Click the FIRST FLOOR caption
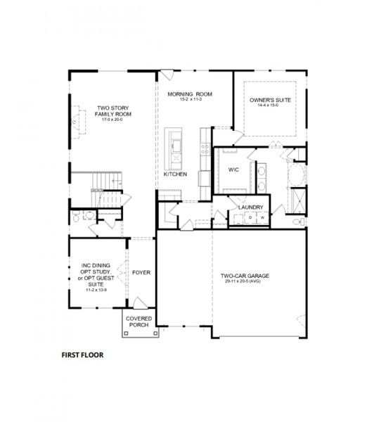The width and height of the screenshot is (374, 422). coord(82,355)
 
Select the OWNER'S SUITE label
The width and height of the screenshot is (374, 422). coord(270,101)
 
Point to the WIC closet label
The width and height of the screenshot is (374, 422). coord(234,170)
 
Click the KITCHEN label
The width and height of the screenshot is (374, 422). coord(175,174)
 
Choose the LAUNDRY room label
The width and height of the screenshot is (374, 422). coord(250,207)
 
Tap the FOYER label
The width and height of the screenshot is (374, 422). coord(141,271)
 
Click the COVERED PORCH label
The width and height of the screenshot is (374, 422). coord(138,321)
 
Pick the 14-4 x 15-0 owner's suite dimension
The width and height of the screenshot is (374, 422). coord(270,107)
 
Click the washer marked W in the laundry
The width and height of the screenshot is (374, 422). coord(262,219)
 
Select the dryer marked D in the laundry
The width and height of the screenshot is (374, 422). coord(250,219)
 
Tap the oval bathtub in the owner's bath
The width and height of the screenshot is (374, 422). coord(299,173)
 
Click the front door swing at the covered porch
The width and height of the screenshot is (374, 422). coord(140,303)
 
